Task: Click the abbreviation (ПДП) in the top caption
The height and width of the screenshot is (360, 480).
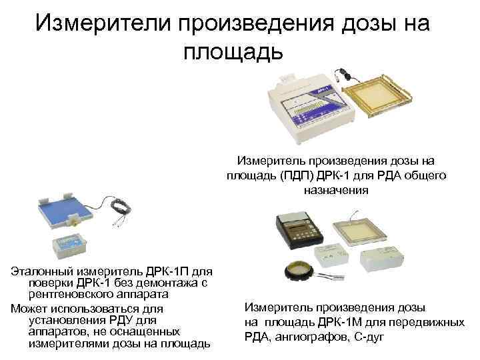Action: [292, 175]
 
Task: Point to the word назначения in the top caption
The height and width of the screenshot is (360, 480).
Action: [336, 190]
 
